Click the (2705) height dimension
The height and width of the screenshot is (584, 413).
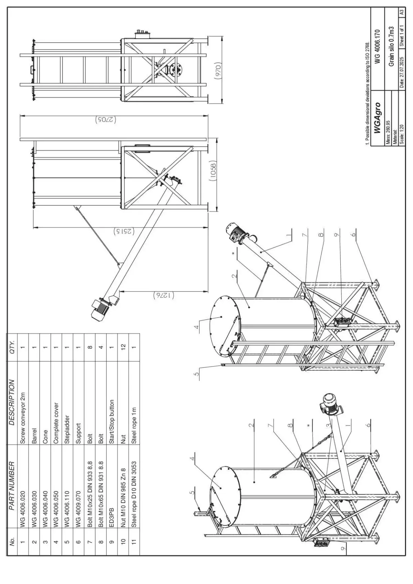click(105, 120)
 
